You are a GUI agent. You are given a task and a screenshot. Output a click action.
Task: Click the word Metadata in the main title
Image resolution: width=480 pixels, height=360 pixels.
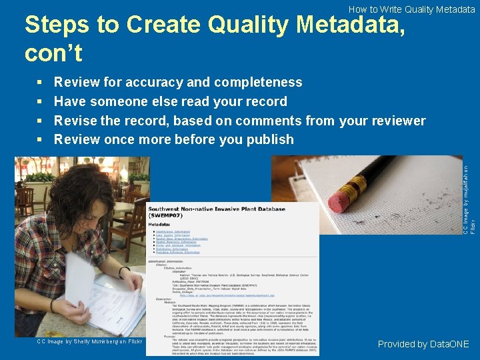(349, 25)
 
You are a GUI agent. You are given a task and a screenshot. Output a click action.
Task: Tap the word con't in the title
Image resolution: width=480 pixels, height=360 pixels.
(53, 53)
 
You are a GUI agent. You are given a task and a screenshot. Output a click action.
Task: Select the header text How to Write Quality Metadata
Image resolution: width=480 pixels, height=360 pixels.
(411, 9)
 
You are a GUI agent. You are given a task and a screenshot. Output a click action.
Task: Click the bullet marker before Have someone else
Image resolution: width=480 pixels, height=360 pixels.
(40, 102)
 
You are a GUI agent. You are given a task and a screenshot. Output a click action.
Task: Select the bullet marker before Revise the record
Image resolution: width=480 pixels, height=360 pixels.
(40, 121)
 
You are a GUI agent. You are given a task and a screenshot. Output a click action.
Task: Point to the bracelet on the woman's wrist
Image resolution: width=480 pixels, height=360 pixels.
(123, 271)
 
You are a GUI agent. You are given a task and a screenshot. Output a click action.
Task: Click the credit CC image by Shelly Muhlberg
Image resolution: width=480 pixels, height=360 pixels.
(89, 341)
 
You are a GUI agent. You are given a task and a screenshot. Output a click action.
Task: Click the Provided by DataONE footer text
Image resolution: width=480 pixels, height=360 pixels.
(423, 344)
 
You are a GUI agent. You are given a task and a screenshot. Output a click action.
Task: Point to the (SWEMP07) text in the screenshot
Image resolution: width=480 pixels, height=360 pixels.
(167, 215)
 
